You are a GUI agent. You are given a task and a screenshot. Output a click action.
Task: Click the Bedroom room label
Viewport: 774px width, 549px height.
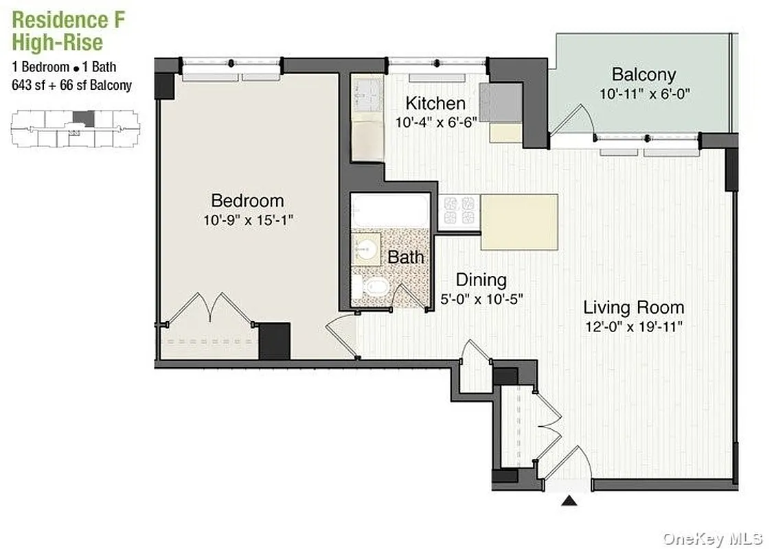click(247, 200)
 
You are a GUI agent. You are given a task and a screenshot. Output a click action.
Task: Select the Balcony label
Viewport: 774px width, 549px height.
click(644, 74)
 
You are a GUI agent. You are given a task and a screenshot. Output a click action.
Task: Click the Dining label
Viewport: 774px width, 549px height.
click(481, 279)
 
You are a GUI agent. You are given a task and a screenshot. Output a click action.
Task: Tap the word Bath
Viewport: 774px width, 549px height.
click(405, 257)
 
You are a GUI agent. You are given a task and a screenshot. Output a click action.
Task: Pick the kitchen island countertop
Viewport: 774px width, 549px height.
click(519, 222)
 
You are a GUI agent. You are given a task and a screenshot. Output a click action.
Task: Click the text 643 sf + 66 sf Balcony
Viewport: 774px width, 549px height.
click(71, 86)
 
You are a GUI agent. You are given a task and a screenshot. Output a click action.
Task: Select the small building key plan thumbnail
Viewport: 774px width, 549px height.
click(75, 128)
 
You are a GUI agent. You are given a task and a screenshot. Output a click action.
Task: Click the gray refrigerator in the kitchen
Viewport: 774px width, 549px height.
click(501, 103)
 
